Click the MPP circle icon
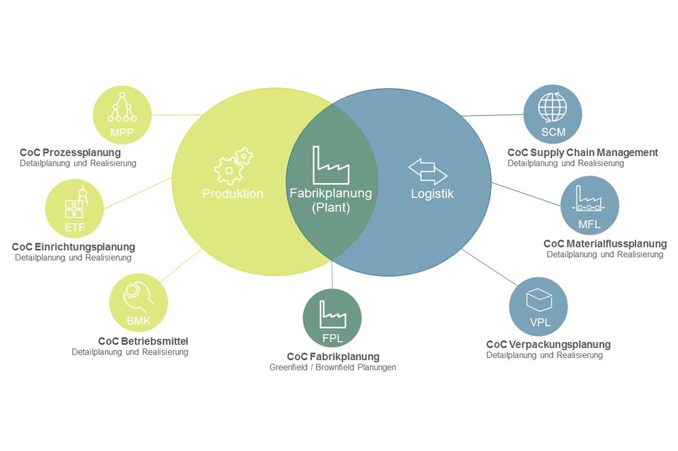(122, 115)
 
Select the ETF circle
(75, 209)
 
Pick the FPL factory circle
(332, 318)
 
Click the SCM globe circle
(553, 114)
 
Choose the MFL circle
(590, 205)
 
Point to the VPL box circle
(539, 307)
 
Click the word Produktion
(233, 193)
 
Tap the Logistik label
(432, 193)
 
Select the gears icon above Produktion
(233, 166)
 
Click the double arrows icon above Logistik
(428, 171)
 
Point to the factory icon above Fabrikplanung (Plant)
(331, 165)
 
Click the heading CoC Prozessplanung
(70, 152)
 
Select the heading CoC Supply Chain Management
(582, 152)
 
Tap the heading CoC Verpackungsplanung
(549, 345)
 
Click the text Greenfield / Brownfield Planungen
(332, 367)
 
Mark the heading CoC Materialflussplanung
(605, 243)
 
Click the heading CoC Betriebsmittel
(143, 341)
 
